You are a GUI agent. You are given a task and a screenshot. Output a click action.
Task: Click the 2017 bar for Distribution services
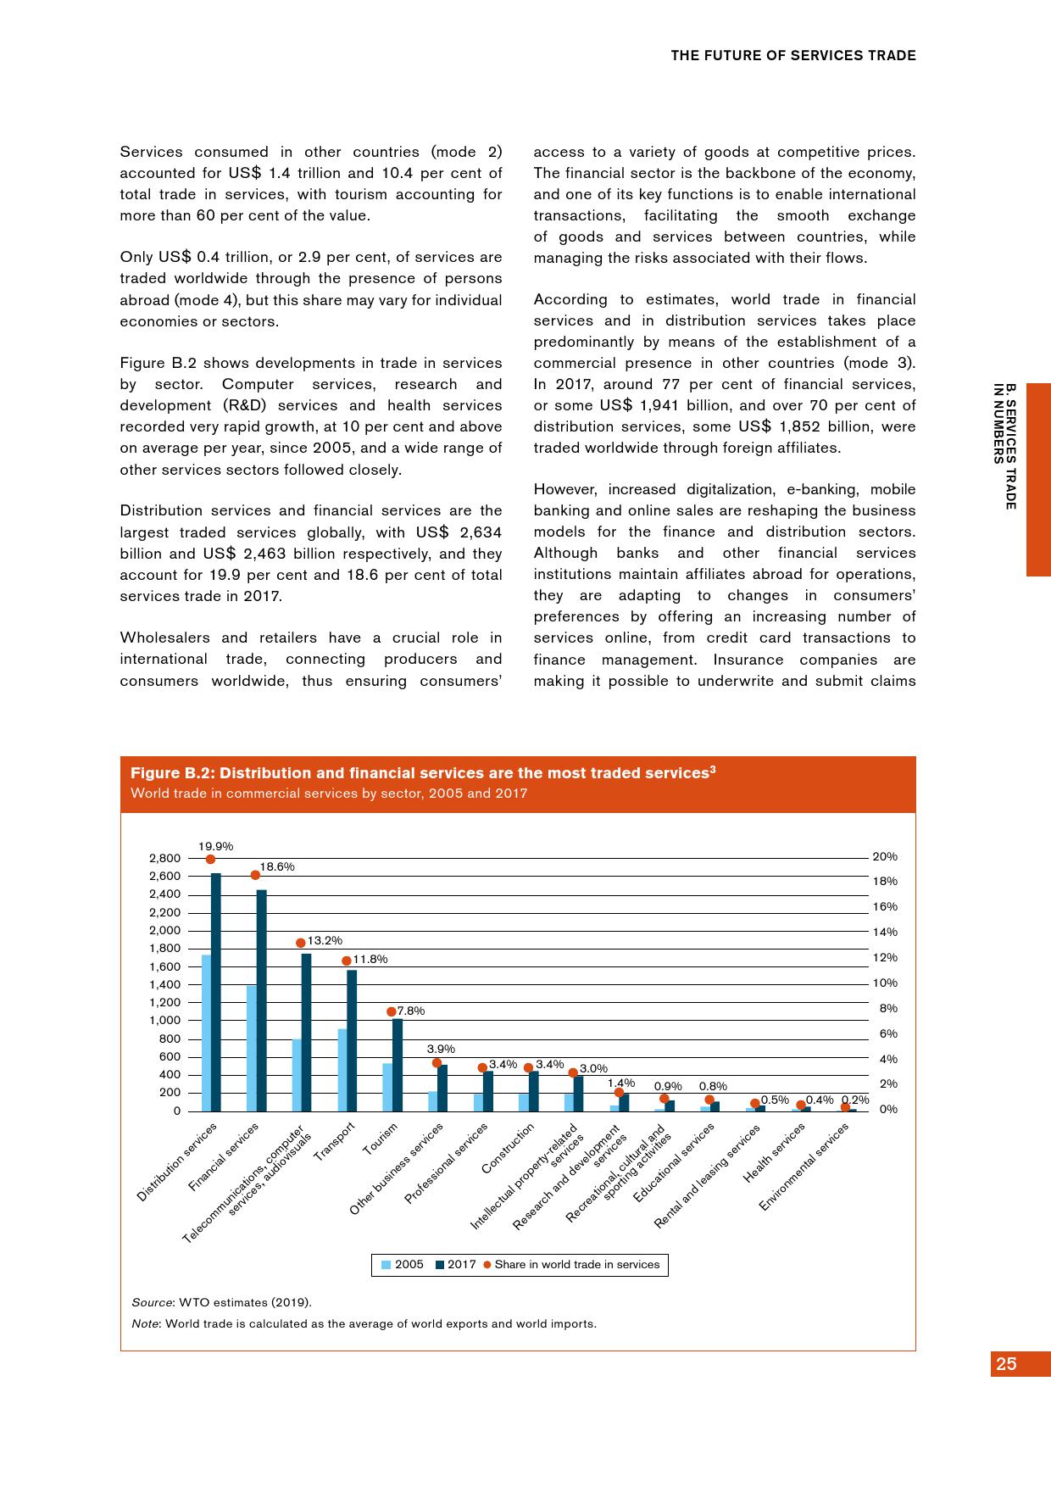click(x=216, y=992)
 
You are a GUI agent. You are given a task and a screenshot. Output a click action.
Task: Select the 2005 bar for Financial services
click(x=252, y=1048)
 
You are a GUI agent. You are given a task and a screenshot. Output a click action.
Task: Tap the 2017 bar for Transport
click(x=352, y=1040)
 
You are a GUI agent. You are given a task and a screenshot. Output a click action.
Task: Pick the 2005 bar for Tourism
click(x=387, y=1087)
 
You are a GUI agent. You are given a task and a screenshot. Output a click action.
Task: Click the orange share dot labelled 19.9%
click(x=210, y=859)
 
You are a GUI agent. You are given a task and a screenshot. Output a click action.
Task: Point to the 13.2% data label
click(x=325, y=940)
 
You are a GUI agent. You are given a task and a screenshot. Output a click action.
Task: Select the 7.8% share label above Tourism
click(x=411, y=1011)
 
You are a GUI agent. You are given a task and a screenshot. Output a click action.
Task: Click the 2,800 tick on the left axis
click(x=165, y=858)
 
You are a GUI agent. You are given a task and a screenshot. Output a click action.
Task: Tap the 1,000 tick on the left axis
click(x=165, y=1021)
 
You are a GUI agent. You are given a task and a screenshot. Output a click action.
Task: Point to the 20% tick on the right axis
click(x=884, y=857)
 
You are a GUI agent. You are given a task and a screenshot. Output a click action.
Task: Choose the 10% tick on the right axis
click(x=884, y=983)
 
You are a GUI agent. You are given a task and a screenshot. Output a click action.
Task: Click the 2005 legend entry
click(x=403, y=1264)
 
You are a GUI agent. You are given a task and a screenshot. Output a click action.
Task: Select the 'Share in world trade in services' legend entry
click(x=570, y=1264)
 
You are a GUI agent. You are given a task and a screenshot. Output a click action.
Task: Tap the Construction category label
click(x=509, y=1148)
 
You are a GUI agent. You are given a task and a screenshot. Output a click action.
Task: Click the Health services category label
click(x=774, y=1152)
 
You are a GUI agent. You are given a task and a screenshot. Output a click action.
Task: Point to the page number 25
click(x=1006, y=1363)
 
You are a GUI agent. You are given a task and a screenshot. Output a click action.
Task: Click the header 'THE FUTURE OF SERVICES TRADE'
click(x=792, y=56)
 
